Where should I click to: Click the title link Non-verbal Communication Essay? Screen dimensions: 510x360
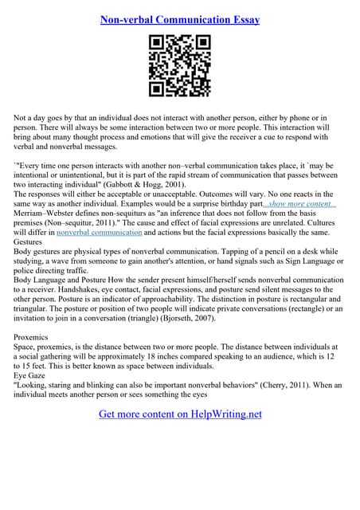click(x=180, y=20)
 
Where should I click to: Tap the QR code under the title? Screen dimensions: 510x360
click(x=180, y=68)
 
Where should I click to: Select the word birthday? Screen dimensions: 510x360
click(x=227, y=204)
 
